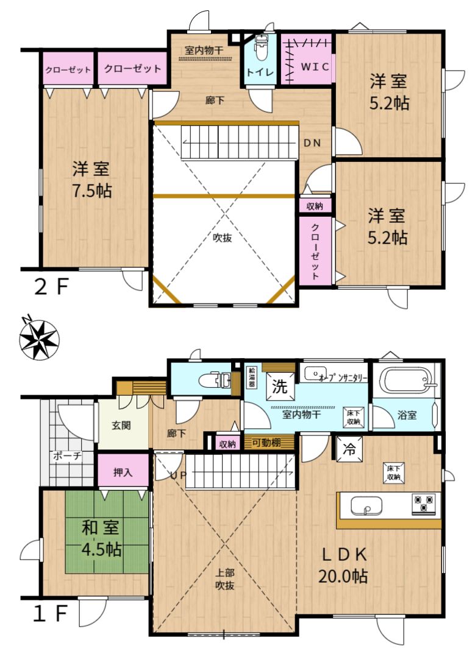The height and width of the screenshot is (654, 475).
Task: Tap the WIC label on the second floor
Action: click(x=315, y=67)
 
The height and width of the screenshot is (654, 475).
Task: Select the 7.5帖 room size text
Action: click(x=92, y=191)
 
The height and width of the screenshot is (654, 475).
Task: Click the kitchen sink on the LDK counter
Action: click(x=366, y=507)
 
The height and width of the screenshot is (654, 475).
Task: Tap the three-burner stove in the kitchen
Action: click(x=424, y=504)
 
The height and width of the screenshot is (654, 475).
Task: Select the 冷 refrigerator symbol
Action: click(x=349, y=449)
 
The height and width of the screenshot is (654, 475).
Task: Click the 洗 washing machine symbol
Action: click(x=279, y=386)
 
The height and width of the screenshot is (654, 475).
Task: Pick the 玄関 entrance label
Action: click(x=121, y=426)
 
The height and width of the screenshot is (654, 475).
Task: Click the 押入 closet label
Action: click(x=123, y=472)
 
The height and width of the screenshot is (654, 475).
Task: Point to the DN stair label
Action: click(x=312, y=143)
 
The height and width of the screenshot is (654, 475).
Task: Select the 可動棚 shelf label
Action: click(x=267, y=443)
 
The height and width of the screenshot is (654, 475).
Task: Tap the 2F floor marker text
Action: click(x=51, y=287)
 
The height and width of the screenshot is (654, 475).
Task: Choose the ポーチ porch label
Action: click(x=67, y=456)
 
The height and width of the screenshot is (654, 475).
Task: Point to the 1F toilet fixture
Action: click(x=213, y=379)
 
